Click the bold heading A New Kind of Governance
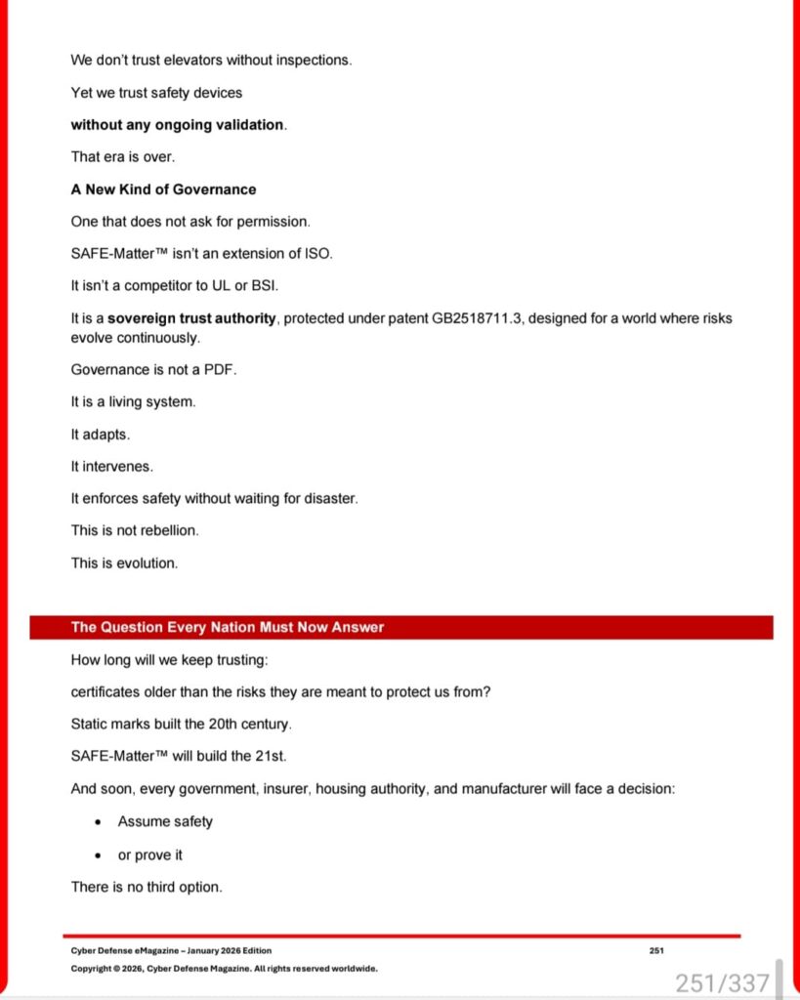pyautogui.click(x=163, y=189)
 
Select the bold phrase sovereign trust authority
pyautogui.click(x=193, y=319)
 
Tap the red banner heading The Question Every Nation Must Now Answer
pyautogui.click(x=228, y=628)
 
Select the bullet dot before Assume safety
pyautogui.click(x=98, y=822)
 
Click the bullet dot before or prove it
pyautogui.click(x=98, y=855)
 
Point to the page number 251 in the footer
pyautogui.click(x=656, y=950)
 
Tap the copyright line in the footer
pyautogui.click(x=224, y=969)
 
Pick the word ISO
pyautogui.click(x=318, y=254)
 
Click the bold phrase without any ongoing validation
pyautogui.click(x=178, y=125)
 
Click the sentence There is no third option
pyautogui.click(x=147, y=888)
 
